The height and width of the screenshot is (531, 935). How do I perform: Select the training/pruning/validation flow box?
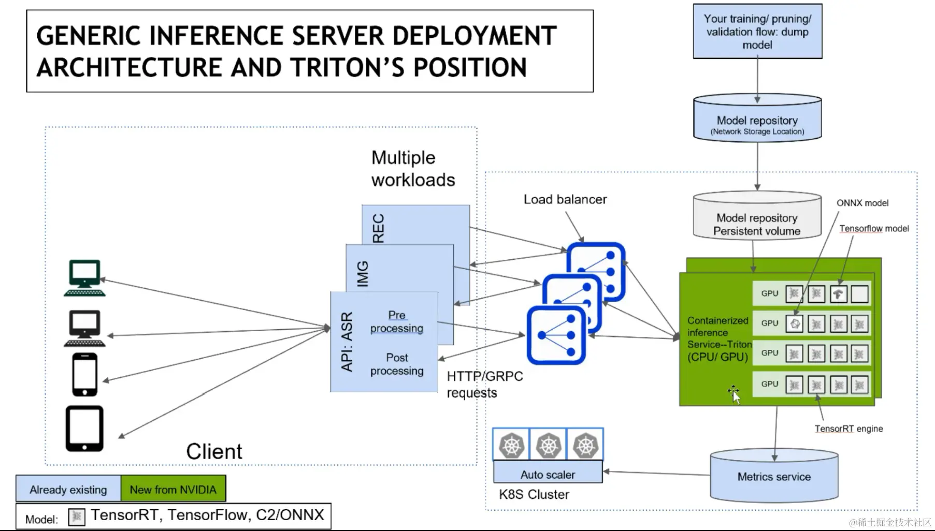click(x=757, y=32)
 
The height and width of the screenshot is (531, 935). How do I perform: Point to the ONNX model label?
click(x=862, y=203)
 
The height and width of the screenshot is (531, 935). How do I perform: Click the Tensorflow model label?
click(x=874, y=228)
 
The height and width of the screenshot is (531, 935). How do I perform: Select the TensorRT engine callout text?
click(x=848, y=429)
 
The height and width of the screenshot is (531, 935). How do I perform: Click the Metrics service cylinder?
click(x=774, y=477)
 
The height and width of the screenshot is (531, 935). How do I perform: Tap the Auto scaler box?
click(x=548, y=474)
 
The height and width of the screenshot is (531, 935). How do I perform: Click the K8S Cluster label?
click(x=534, y=495)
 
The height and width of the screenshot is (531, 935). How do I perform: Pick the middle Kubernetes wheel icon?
click(x=548, y=445)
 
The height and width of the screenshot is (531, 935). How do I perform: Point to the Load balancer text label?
click(x=565, y=199)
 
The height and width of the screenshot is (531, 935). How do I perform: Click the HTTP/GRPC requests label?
click(x=484, y=384)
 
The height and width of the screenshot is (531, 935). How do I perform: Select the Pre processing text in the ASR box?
click(x=396, y=321)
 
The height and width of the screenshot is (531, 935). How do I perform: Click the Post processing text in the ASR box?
click(x=396, y=364)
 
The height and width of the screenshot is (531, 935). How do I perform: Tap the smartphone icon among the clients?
click(x=85, y=374)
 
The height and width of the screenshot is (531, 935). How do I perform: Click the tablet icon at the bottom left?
click(x=84, y=429)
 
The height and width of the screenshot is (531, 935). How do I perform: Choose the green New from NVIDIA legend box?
click(x=173, y=489)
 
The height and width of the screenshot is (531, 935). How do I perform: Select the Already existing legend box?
click(x=68, y=489)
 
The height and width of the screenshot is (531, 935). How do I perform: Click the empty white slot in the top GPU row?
click(x=859, y=293)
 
